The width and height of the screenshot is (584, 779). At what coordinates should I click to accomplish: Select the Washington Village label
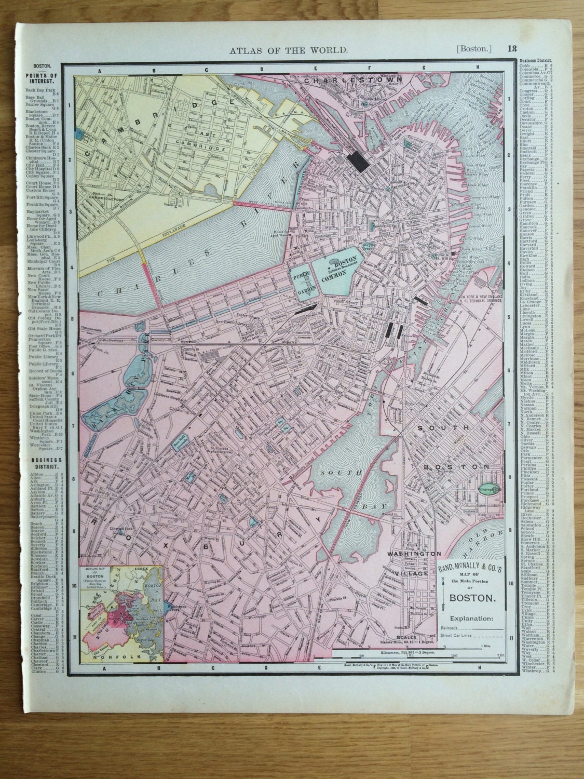[413, 563]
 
